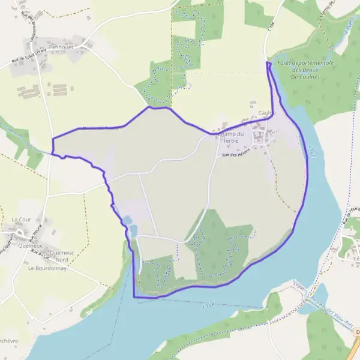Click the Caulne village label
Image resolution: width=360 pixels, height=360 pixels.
[267, 112]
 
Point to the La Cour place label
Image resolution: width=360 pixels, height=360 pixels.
[21, 220]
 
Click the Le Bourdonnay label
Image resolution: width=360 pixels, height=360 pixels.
[46, 268]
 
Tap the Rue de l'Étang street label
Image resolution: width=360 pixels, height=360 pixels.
[350, 216]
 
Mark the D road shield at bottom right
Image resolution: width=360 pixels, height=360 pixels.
[356, 332]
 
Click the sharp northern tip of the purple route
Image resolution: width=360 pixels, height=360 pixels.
[268, 62]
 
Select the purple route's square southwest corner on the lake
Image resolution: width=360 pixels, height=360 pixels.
[134, 296]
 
